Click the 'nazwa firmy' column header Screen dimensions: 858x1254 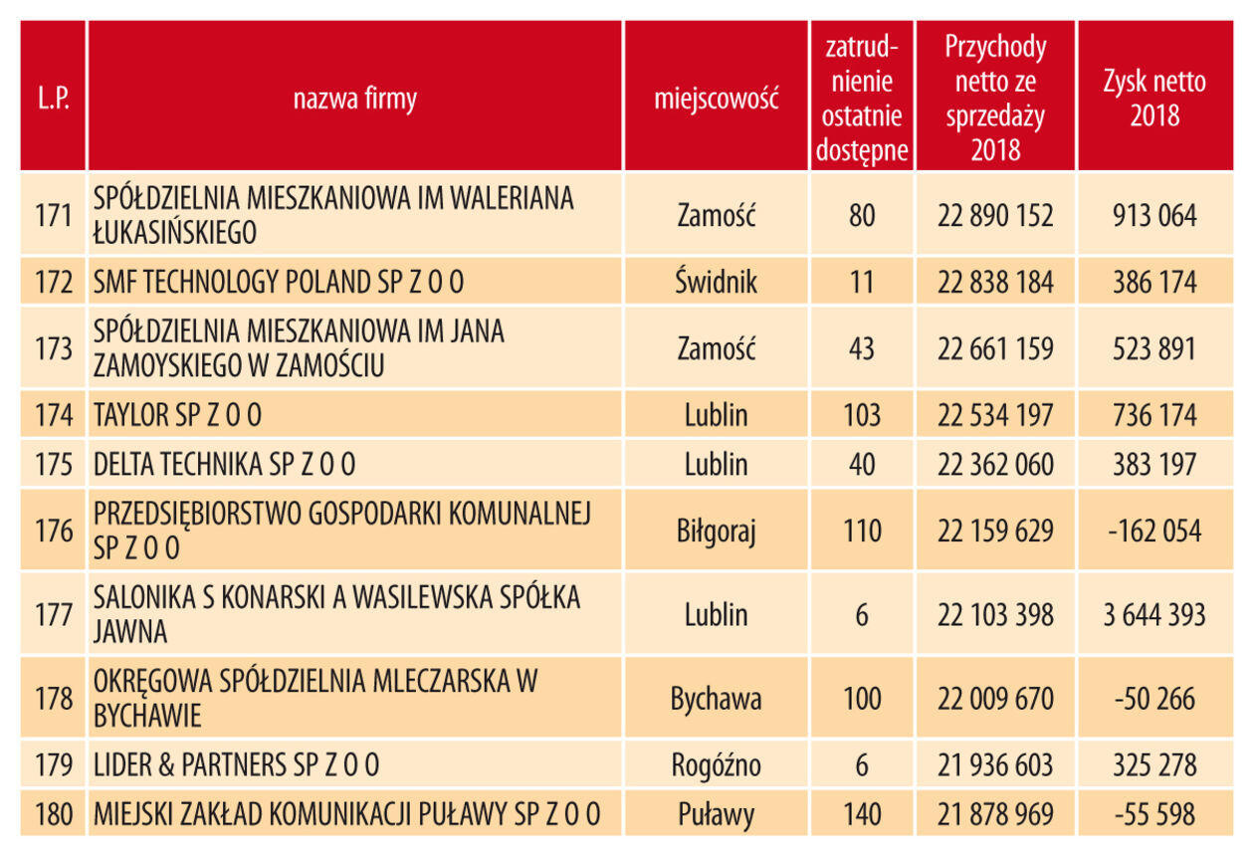click(354, 99)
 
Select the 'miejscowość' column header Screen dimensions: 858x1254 click(716, 99)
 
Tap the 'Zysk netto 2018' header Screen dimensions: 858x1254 click(1153, 99)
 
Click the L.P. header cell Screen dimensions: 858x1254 click(53, 99)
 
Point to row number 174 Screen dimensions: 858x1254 click(54, 415)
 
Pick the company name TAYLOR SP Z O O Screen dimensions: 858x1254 click(178, 415)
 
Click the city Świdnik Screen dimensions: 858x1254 click(716, 283)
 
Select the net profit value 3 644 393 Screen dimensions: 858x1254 click(1153, 614)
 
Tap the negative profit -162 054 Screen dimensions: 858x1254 click(1153, 531)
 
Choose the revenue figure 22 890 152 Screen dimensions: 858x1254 click(994, 215)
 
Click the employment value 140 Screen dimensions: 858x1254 click(862, 815)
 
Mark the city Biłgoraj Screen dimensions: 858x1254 click(716, 531)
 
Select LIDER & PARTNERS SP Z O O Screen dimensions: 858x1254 click(236, 765)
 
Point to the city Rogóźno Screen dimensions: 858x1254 click(716, 765)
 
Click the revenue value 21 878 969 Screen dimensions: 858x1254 click(994, 815)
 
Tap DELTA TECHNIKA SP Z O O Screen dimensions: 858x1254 click(224, 465)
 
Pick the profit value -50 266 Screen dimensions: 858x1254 click(1153, 699)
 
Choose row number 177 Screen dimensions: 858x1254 click(54, 614)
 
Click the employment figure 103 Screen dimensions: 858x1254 click(862, 415)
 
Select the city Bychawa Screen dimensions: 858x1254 click(716, 699)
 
